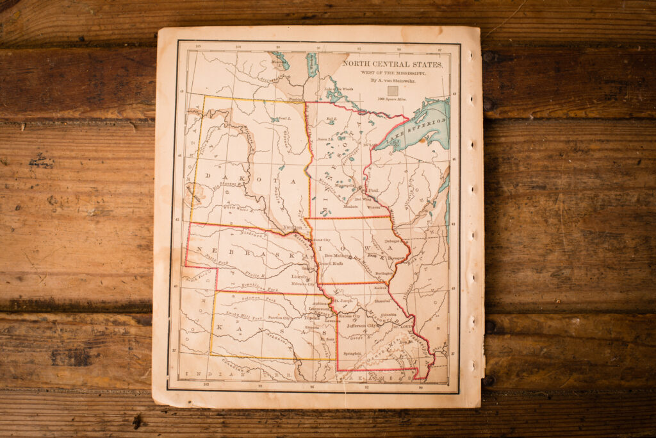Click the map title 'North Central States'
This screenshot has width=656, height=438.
tap(391, 64)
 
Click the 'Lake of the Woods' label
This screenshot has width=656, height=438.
tap(338, 88)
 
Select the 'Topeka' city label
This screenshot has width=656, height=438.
tap(311, 317)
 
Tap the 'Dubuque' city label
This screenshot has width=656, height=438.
tap(392, 242)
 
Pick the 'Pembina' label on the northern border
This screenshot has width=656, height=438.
tap(295, 100)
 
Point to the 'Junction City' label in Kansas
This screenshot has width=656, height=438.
tap(279, 317)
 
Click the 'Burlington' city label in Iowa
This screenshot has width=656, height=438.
tap(383, 274)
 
